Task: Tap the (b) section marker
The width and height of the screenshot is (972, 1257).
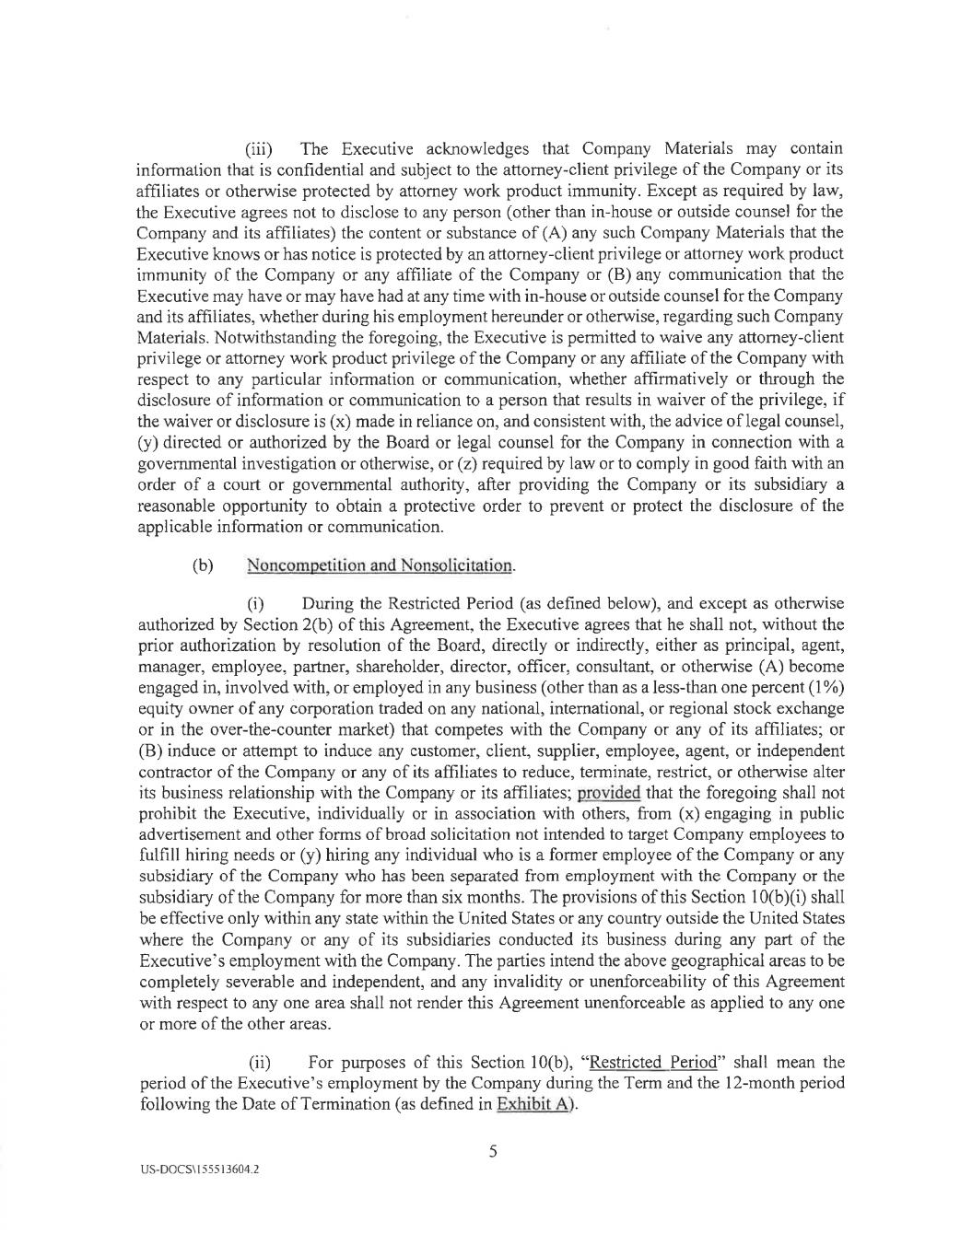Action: (202, 564)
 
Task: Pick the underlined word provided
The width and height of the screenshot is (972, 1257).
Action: (608, 793)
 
